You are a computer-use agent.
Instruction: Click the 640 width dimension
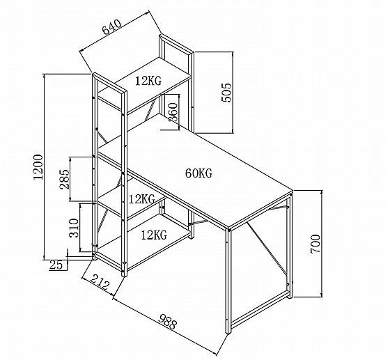tap(111, 26)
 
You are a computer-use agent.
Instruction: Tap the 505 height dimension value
tap(226, 93)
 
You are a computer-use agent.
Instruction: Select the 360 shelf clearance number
tap(173, 112)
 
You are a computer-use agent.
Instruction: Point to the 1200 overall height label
tap(38, 167)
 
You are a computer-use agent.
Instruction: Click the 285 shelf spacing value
tap(64, 179)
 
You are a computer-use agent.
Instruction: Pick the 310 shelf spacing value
tap(74, 228)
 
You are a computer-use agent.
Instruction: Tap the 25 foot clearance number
tap(56, 265)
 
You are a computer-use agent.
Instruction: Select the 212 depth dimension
tap(100, 282)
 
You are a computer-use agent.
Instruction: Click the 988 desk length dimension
tap(168, 322)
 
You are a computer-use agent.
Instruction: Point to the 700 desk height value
tap(315, 244)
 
